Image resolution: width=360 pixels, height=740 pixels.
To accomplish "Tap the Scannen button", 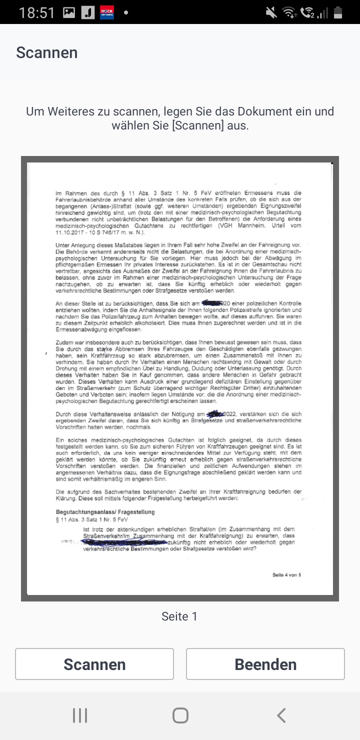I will (x=94, y=664).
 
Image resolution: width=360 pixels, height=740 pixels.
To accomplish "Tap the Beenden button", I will (x=265, y=664).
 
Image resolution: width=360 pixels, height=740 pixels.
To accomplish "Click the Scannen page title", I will (x=47, y=52).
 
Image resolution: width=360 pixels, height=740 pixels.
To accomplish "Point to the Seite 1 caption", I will (x=179, y=616).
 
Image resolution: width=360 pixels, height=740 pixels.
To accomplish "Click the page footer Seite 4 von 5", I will (x=286, y=575).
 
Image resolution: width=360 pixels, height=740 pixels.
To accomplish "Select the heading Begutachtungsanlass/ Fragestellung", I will (x=105, y=512).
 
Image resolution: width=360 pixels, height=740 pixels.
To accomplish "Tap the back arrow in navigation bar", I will (x=281, y=715).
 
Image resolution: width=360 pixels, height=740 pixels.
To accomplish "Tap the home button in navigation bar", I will (x=180, y=715).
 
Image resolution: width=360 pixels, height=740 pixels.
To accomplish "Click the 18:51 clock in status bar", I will (x=37, y=12).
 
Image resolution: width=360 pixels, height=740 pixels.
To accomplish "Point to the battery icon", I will (x=338, y=12).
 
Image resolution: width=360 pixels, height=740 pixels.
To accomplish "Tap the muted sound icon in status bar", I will (x=271, y=12).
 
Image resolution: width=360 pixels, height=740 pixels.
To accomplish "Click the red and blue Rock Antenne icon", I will (x=107, y=12).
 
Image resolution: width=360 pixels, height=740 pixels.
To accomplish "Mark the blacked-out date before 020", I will (x=211, y=303).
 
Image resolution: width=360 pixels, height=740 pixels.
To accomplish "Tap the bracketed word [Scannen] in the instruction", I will (x=198, y=125).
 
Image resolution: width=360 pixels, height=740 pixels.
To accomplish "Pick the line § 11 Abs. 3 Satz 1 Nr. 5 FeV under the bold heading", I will (x=92, y=519).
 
